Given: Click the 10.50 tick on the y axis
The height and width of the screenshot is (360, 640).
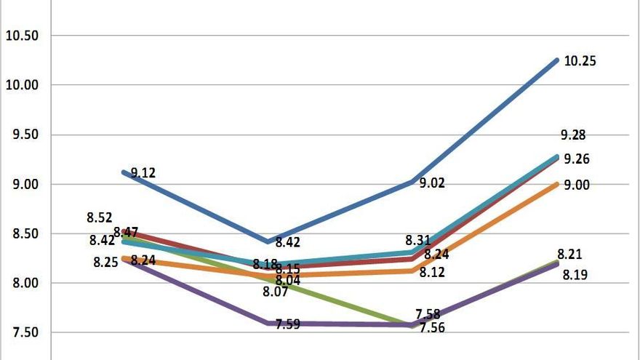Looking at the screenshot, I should click(x=22, y=36).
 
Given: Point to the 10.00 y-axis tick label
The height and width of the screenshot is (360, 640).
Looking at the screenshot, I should click(x=22, y=85).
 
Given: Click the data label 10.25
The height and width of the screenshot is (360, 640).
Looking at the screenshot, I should click(x=580, y=62).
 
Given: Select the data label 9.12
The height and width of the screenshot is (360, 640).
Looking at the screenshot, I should click(x=143, y=173).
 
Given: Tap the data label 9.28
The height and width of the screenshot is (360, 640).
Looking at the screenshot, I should click(x=573, y=135).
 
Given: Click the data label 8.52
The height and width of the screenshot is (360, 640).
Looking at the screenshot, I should click(x=100, y=217).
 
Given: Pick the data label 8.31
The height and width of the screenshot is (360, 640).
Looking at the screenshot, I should click(x=419, y=239).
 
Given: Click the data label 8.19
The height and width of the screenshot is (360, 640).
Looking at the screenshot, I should click(x=575, y=275).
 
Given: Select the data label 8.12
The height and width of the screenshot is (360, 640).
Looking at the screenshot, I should click(x=432, y=272).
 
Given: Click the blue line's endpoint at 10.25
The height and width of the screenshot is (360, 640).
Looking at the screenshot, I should click(x=557, y=60).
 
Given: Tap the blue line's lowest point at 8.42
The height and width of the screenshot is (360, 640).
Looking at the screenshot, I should click(x=269, y=241).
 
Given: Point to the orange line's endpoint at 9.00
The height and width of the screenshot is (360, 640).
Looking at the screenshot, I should click(x=557, y=184).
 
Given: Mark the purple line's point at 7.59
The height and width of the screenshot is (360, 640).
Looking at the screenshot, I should click(x=269, y=323).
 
